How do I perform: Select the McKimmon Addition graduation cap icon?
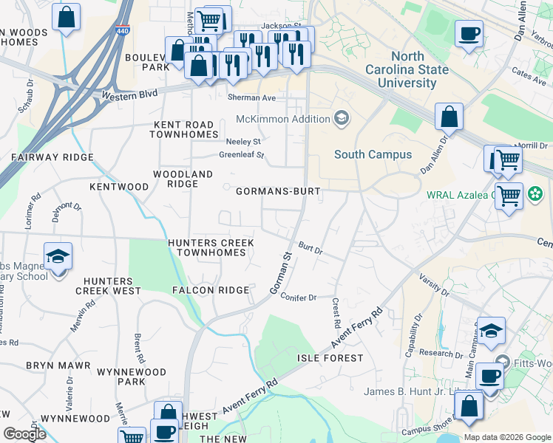[x=342, y=118]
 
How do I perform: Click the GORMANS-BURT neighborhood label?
[x=278, y=191]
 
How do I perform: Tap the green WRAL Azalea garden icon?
[x=533, y=195]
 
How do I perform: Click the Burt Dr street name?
[x=311, y=247]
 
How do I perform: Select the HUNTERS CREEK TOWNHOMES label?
[x=211, y=247]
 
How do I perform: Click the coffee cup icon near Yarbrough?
[x=469, y=34]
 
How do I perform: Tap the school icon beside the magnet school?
[x=58, y=257]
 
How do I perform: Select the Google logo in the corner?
[x=24, y=433]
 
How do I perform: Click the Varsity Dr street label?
[x=435, y=283]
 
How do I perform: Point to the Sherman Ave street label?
[x=251, y=97]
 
